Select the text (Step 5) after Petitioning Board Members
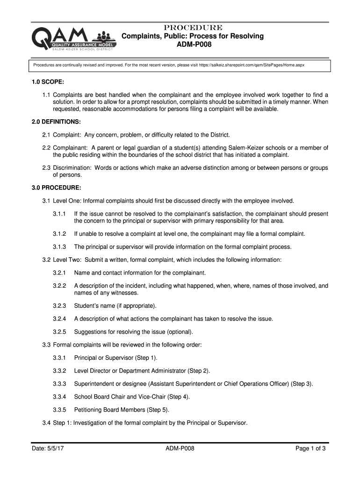156,410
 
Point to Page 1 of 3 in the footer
310,449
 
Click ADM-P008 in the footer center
180,449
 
